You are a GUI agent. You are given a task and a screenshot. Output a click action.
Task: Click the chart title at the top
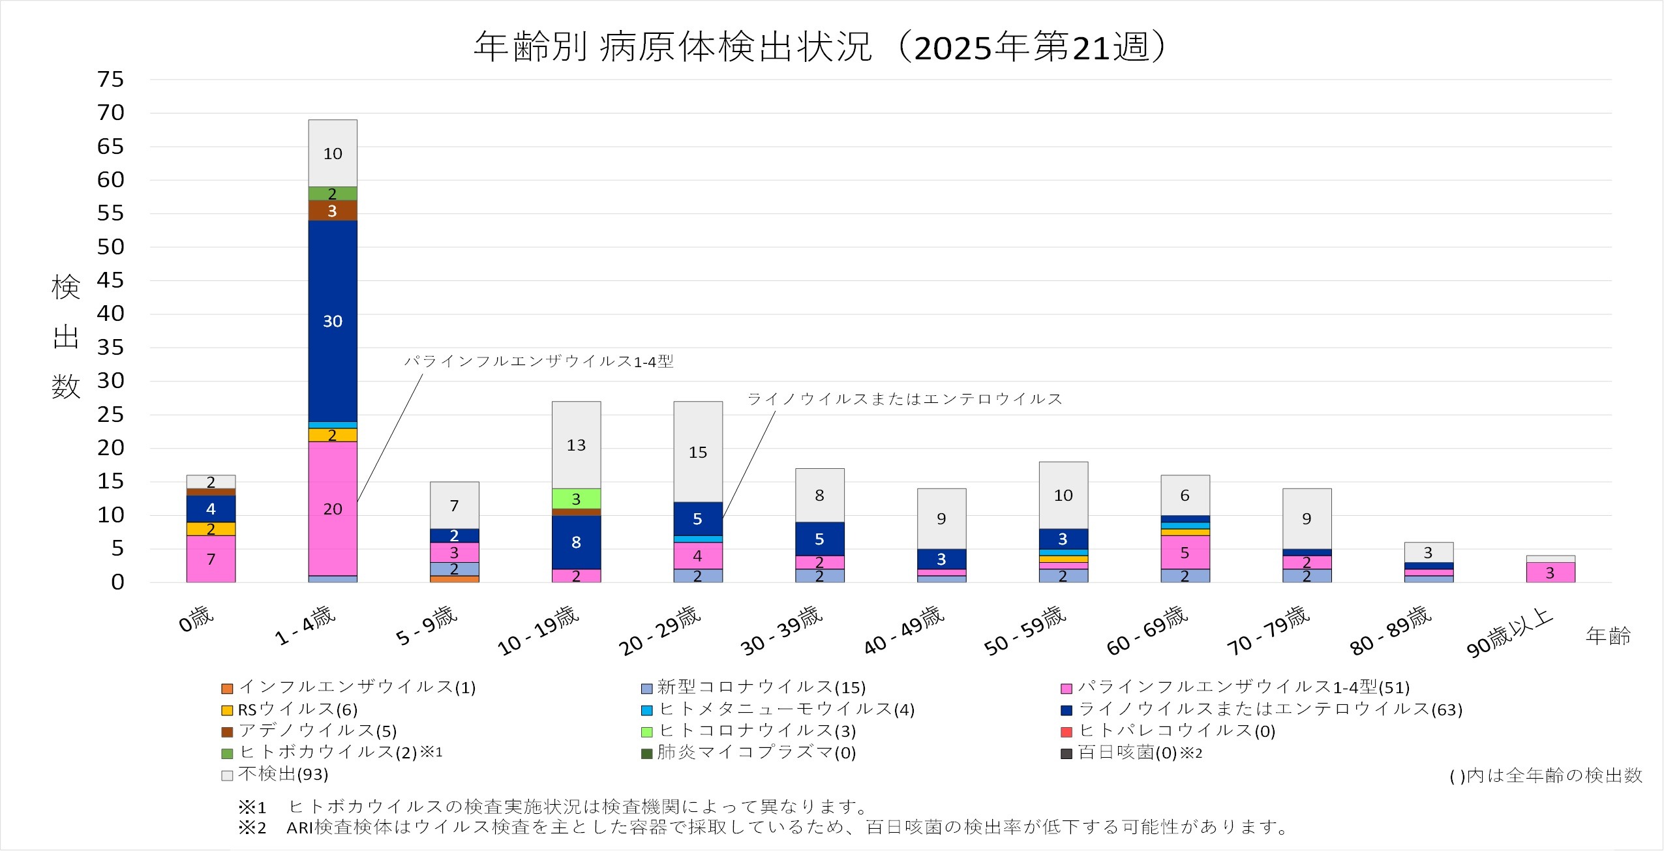[819, 47]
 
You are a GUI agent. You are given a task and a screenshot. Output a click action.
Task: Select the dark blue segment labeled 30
[333, 321]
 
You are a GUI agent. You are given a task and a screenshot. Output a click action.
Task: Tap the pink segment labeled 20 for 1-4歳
[333, 509]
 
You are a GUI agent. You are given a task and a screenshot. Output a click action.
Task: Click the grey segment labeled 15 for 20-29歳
[698, 452]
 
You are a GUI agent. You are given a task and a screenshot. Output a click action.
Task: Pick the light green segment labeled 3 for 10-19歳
[576, 499]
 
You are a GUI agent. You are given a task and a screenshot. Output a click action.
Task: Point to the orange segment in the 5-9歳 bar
[455, 579]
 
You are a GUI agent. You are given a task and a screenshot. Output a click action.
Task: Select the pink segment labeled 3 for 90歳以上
[1550, 573]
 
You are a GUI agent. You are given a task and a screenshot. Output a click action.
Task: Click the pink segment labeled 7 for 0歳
[211, 559]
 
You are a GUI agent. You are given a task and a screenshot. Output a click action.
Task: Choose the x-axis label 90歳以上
[1509, 633]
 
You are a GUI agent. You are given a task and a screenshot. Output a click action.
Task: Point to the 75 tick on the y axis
[110, 80]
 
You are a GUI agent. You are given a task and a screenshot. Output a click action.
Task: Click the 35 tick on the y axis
[110, 348]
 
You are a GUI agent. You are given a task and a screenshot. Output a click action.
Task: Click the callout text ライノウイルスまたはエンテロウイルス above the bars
[904, 399]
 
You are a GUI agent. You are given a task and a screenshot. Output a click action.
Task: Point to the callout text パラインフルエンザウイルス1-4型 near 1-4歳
[539, 361]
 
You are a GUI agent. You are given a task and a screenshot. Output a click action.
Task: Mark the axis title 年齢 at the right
[1608, 636]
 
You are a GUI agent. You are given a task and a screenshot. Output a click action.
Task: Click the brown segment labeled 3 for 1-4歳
[333, 211]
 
